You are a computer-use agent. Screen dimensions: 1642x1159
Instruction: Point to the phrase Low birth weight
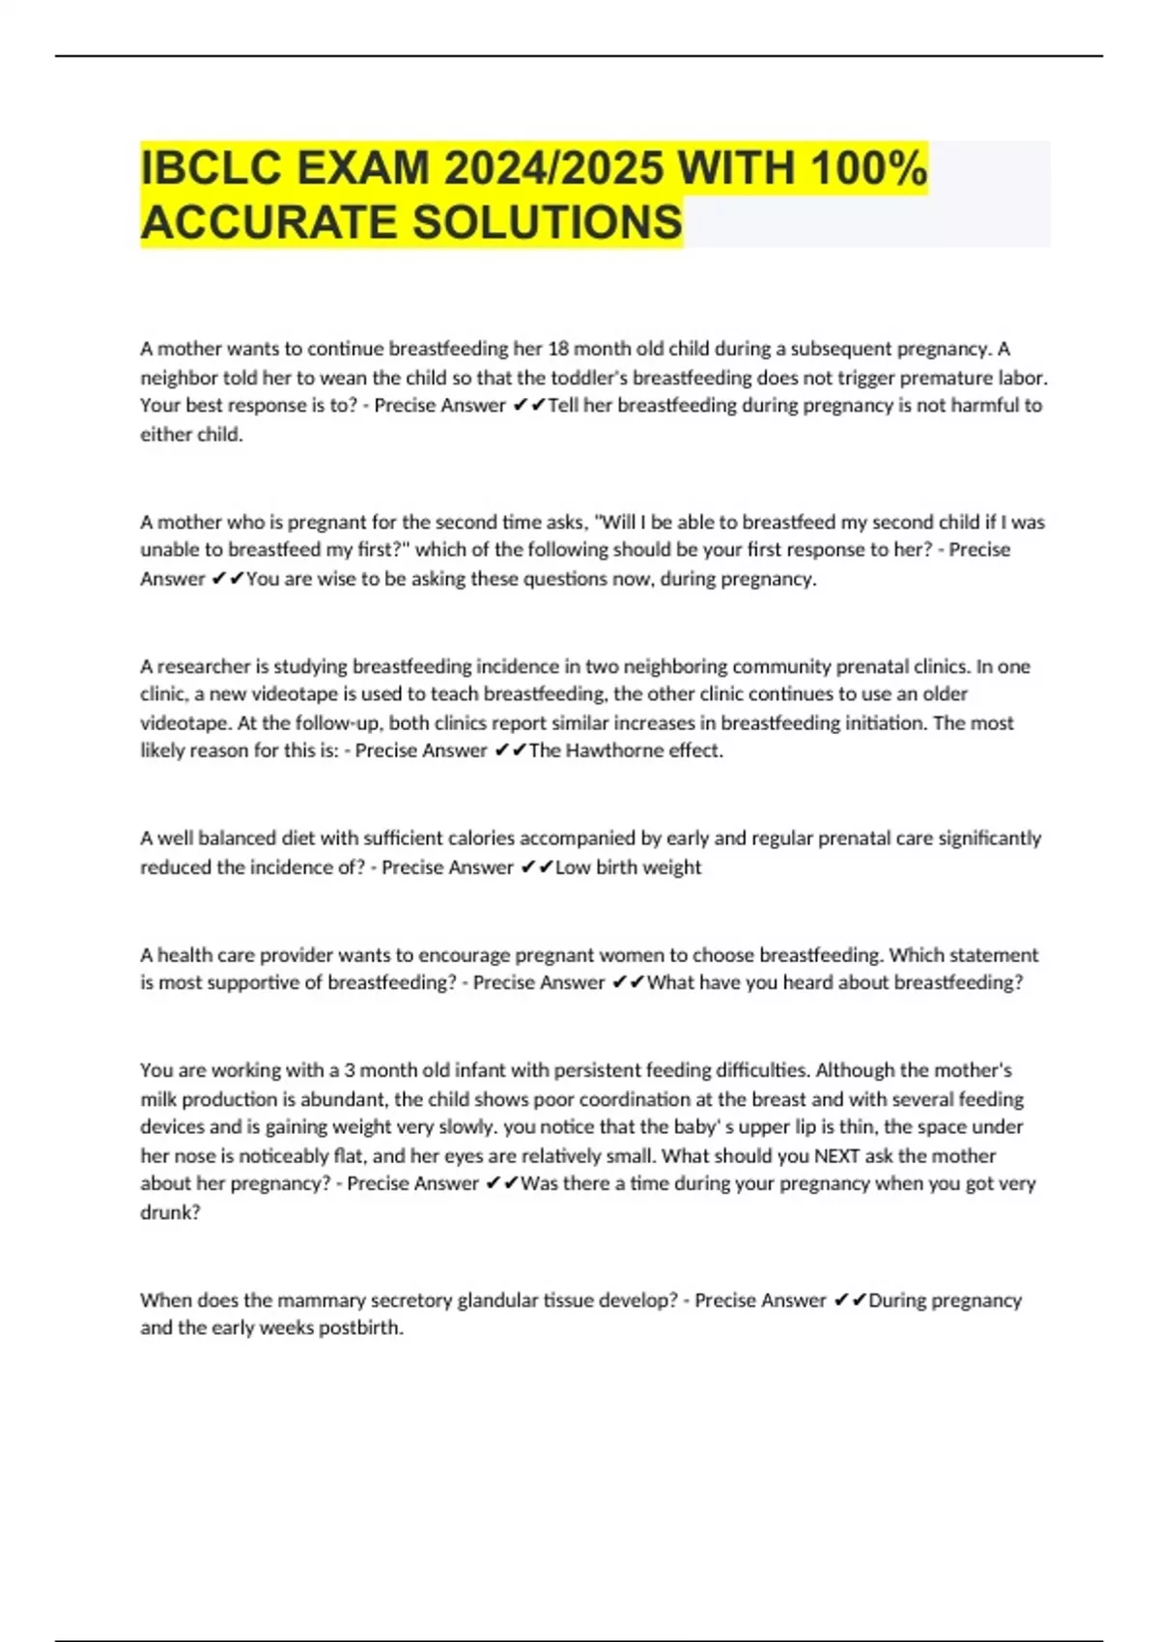pos(628,867)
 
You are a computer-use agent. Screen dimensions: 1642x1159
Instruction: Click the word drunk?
pos(170,1213)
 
